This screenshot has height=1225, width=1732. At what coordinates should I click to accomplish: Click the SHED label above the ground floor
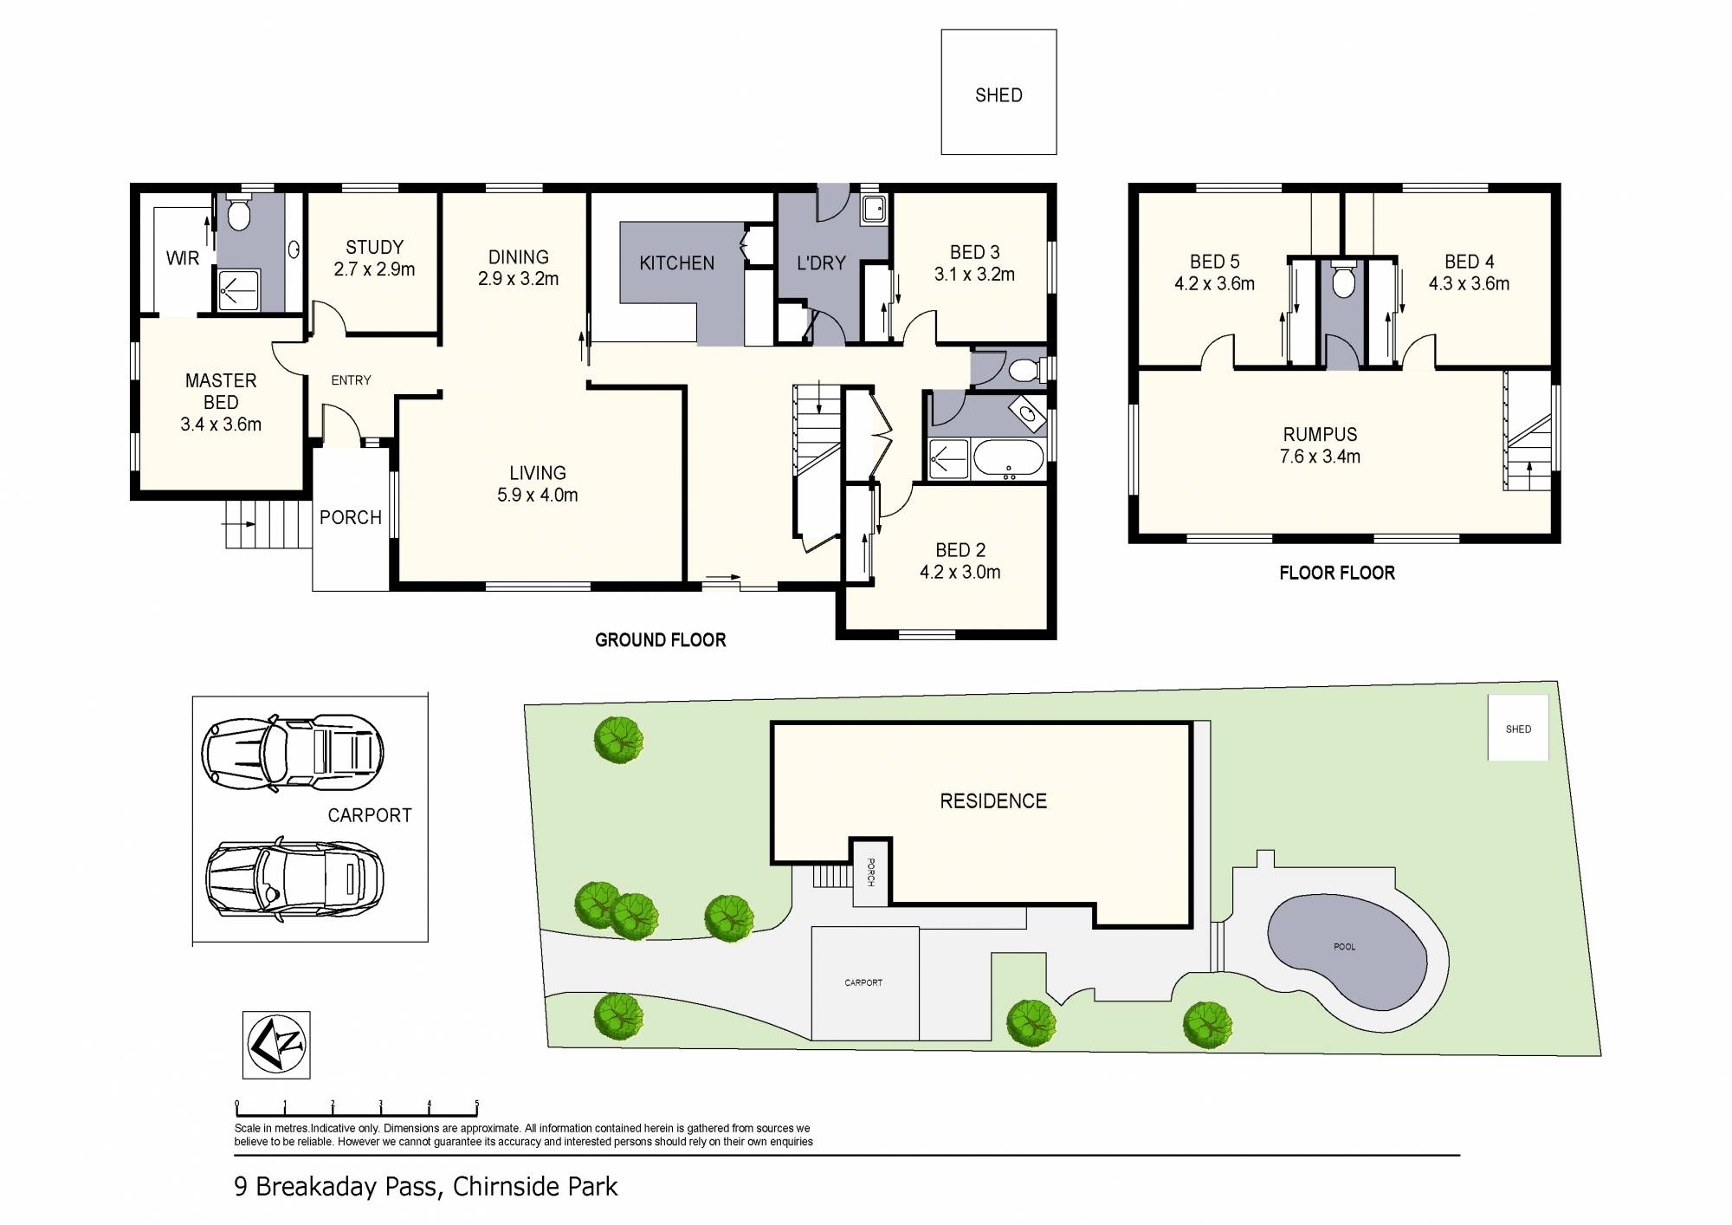click(998, 95)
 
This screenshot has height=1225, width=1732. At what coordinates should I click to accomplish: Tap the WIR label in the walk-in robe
click(183, 258)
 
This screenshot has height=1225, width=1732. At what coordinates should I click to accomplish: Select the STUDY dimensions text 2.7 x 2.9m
click(374, 269)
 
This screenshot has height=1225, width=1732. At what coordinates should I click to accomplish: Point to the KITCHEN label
click(677, 263)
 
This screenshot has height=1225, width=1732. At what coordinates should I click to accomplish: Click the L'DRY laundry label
click(821, 263)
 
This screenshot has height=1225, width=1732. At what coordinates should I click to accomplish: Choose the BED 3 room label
click(974, 252)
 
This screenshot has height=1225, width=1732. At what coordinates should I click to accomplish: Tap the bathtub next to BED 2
click(1009, 459)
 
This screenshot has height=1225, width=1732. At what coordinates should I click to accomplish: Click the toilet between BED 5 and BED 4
click(1343, 279)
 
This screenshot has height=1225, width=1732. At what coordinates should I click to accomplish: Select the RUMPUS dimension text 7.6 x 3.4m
click(1320, 457)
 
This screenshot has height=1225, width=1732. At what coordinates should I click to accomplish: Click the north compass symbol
click(276, 1045)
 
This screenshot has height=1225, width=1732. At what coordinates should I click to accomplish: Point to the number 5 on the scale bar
click(476, 1105)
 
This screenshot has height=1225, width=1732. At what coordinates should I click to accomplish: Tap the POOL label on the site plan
click(1344, 947)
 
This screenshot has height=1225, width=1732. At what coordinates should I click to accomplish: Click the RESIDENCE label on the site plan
click(993, 801)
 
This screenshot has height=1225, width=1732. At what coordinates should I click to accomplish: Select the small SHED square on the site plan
click(1518, 729)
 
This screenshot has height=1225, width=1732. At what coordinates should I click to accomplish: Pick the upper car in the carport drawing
click(292, 752)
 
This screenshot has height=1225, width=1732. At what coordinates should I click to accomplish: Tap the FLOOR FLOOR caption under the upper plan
click(1337, 573)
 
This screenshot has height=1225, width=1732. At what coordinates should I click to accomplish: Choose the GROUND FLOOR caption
click(660, 640)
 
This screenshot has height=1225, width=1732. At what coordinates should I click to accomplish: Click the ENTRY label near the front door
click(351, 380)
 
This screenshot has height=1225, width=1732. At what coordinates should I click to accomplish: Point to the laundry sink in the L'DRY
click(874, 208)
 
